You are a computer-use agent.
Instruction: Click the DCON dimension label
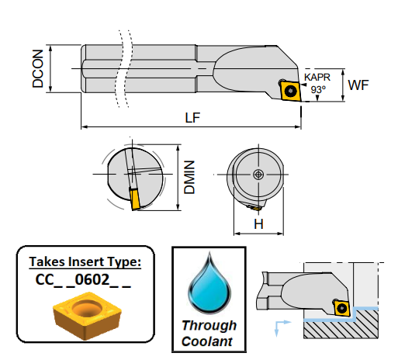point(38,69)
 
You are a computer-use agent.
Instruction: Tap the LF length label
point(192,118)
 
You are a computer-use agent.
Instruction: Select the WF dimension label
point(358,85)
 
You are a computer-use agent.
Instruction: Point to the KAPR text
point(317,77)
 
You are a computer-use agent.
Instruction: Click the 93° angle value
point(318,89)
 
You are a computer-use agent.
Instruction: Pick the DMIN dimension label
point(189,177)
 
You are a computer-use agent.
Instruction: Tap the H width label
point(258,224)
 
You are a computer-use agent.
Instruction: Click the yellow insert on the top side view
point(291,91)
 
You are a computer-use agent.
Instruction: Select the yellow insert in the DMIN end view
point(135,199)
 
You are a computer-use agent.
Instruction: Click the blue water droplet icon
point(209,284)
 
